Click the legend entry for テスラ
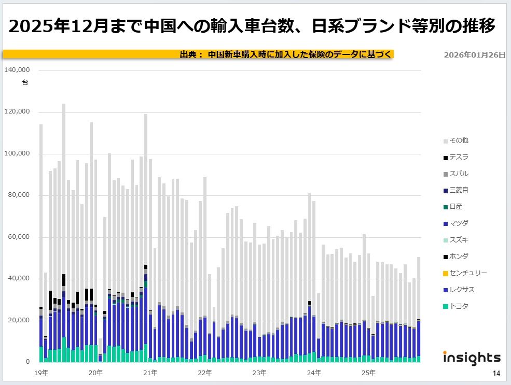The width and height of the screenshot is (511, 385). (459, 157)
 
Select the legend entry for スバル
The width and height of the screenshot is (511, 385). (459, 174)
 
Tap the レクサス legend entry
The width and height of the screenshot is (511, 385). (462, 290)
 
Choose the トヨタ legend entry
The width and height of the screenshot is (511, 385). (459, 306)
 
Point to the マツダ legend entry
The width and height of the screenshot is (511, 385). (459, 223)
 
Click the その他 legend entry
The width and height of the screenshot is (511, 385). (459, 140)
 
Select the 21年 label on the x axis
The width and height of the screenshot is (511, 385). (150, 373)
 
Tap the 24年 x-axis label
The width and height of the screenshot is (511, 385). (313, 373)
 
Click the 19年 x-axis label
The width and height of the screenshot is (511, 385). (42, 373)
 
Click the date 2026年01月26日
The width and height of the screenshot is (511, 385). (474, 54)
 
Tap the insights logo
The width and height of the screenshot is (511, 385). (472, 358)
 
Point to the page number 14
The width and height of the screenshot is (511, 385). (496, 374)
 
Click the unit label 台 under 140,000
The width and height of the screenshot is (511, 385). (25, 82)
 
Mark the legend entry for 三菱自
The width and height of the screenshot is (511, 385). (459, 190)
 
